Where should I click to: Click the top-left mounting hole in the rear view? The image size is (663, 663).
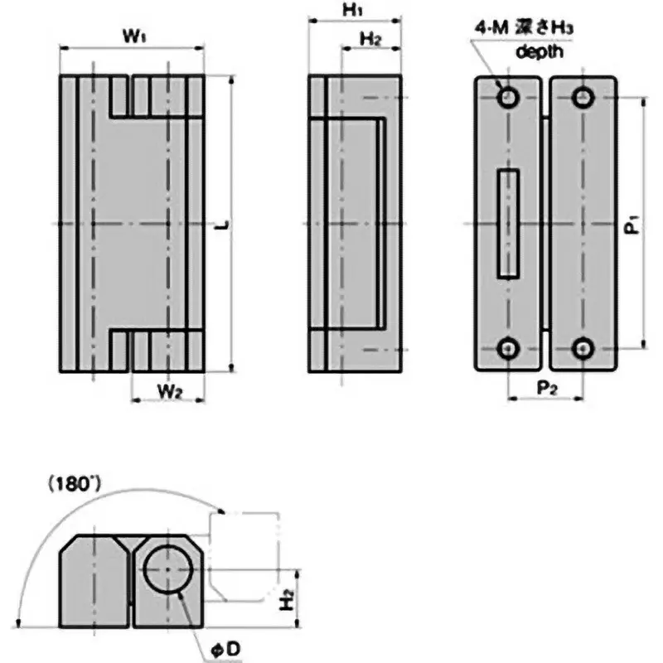tap(507, 98)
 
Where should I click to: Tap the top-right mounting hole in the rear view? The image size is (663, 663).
tap(583, 98)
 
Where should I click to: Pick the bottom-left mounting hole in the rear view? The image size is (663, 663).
tap(507, 349)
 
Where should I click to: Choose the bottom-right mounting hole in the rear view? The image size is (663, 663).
tap(583, 349)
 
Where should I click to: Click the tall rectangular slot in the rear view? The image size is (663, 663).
tap(507, 224)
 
